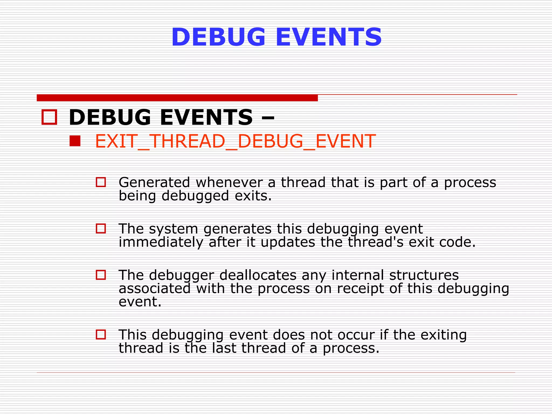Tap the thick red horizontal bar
click(177, 98)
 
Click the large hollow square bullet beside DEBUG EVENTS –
click(49, 117)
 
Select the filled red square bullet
click(75, 141)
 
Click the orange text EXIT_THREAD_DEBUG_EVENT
click(235, 141)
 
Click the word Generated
click(154, 182)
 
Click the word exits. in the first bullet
click(253, 196)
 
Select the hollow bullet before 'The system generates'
click(101, 229)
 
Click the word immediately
click(161, 242)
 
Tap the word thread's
click(375, 242)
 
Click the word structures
click(424, 275)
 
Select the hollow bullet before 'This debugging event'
click(101, 334)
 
